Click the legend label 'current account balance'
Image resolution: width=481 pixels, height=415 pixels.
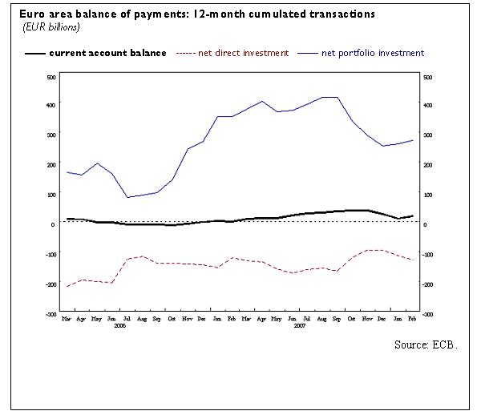coord(108,53)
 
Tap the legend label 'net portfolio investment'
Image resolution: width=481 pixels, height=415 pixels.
coord(373,53)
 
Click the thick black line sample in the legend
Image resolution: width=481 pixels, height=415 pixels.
coord(34,53)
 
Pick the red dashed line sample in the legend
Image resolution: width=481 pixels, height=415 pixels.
coord(184,53)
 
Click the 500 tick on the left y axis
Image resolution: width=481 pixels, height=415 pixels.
coord(51,77)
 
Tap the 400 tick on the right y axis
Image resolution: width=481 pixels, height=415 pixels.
coord(427,106)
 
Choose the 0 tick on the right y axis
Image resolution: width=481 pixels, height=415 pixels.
coord(424,225)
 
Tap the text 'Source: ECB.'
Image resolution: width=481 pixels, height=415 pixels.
coord(426,344)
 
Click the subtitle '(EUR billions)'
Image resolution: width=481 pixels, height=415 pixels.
coord(51,27)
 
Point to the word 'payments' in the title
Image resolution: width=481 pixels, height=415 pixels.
coord(166,15)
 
